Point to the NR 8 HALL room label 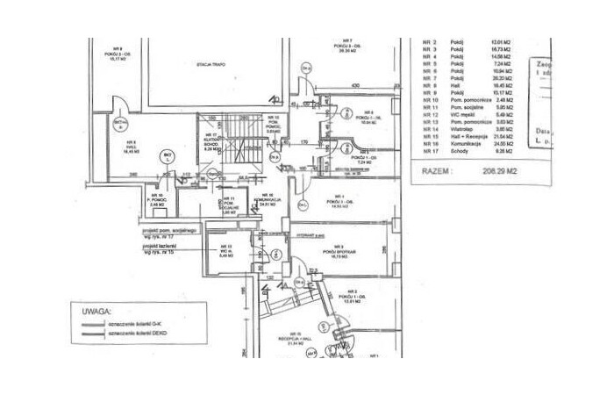131,147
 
